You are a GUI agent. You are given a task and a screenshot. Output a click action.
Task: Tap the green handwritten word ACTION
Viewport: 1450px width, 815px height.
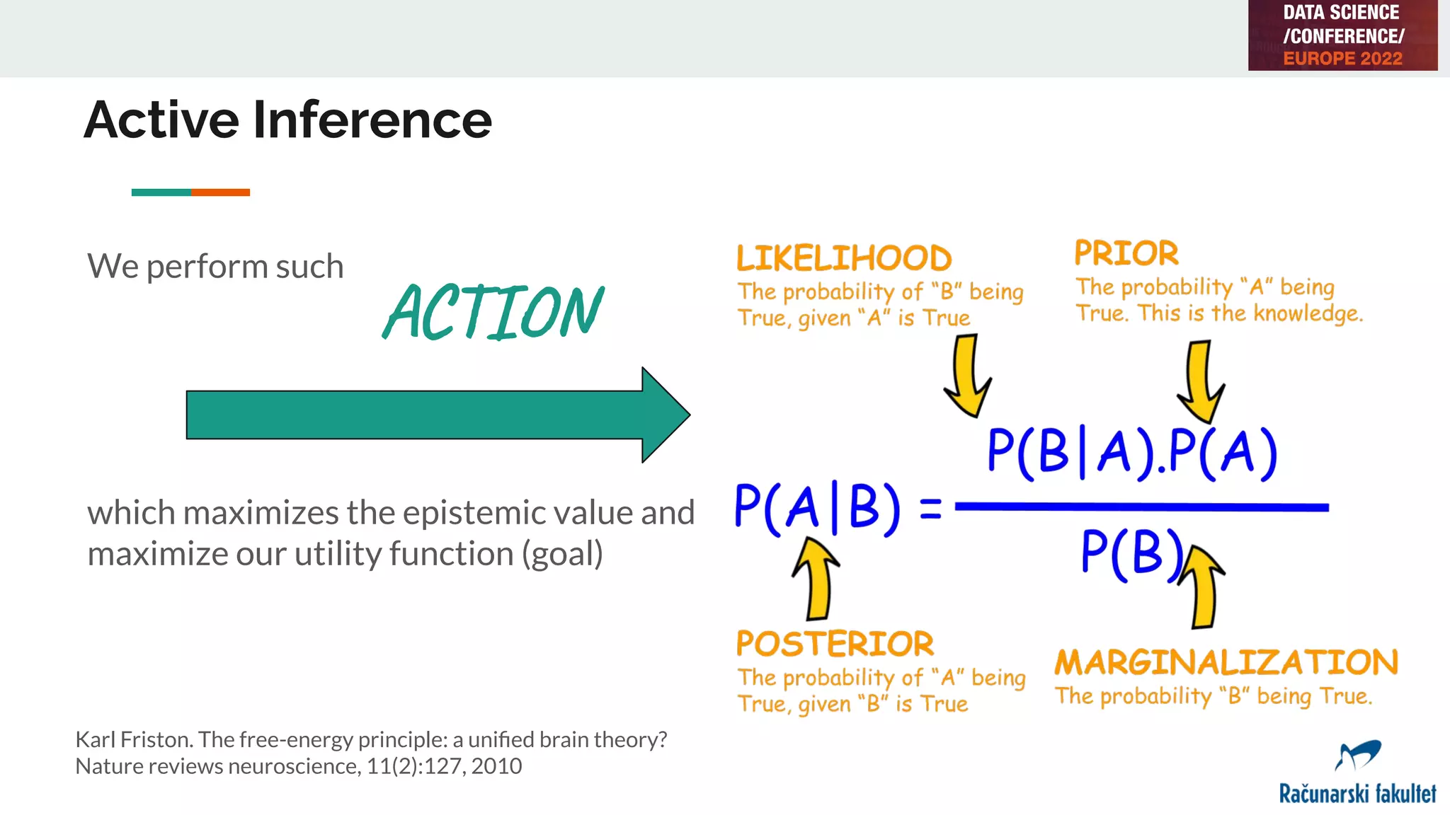(x=493, y=312)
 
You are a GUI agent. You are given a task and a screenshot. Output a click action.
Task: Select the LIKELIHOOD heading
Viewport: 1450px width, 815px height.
(x=844, y=258)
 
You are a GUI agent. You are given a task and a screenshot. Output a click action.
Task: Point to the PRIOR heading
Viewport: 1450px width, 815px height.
(x=1126, y=253)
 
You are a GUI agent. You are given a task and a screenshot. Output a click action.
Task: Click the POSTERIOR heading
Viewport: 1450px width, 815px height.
(x=835, y=644)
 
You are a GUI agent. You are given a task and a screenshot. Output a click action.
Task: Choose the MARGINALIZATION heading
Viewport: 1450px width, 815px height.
(x=1226, y=663)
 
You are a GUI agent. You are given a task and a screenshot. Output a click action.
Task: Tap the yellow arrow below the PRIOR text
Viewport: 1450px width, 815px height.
(x=1201, y=382)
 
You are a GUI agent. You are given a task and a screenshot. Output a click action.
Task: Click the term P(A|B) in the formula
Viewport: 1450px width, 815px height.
(x=817, y=507)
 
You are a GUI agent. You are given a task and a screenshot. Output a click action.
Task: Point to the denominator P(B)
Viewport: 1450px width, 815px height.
(x=1131, y=553)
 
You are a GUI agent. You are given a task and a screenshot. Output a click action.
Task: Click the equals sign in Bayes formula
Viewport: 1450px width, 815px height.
(x=930, y=509)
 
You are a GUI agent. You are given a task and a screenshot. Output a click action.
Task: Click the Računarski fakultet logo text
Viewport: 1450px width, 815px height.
(x=1357, y=794)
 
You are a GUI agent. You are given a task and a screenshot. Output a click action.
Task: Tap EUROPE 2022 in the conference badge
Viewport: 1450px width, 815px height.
(x=1342, y=59)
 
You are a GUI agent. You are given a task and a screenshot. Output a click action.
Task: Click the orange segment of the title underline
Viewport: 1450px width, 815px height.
(x=220, y=192)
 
